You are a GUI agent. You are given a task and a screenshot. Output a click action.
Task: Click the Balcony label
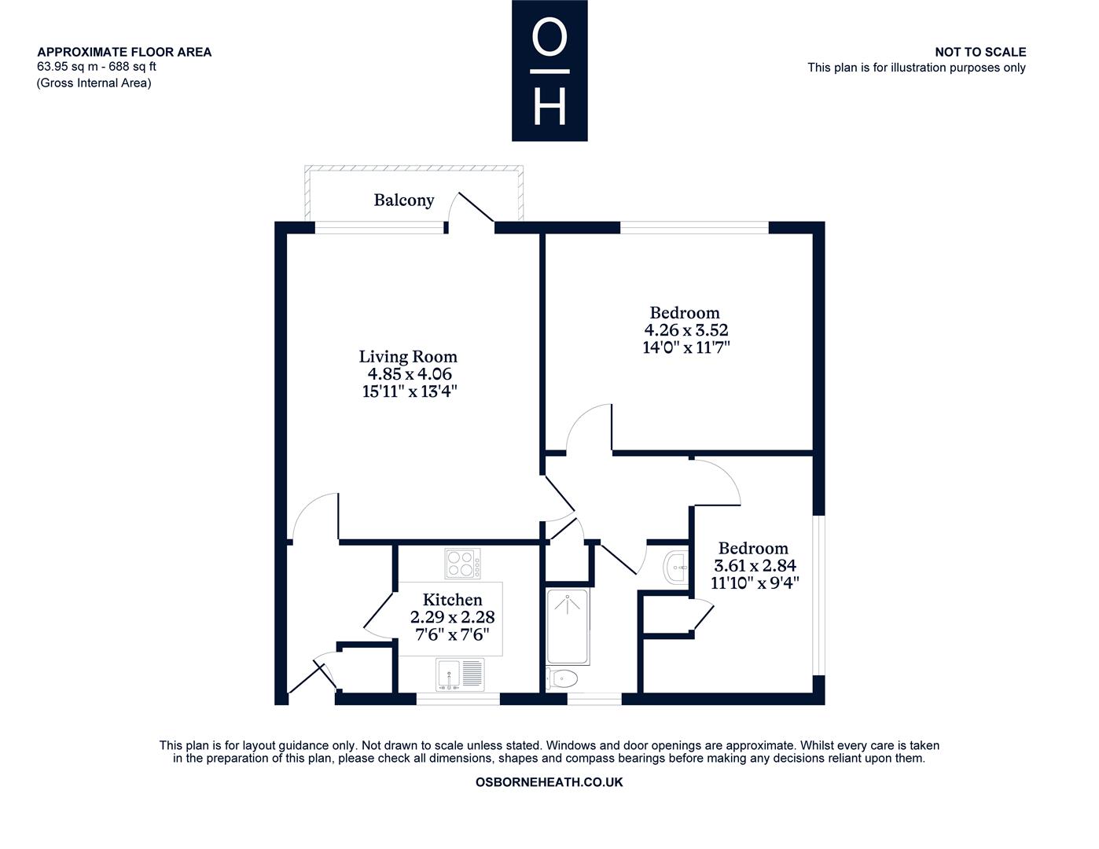coord(403,200)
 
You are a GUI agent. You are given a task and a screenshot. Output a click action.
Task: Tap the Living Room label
coord(408,356)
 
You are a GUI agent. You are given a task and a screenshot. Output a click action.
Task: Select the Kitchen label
coord(452,600)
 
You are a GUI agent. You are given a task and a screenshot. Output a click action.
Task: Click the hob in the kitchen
coord(463,564)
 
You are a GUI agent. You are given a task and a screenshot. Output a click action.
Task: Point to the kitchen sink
coord(460,674)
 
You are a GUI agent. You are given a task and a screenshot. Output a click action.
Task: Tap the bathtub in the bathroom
coord(568,626)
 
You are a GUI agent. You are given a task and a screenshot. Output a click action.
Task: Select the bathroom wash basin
coord(676,568)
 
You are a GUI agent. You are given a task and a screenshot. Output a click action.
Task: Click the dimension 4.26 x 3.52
coord(685,330)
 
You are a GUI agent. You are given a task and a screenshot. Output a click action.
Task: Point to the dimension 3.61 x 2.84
coord(755,565)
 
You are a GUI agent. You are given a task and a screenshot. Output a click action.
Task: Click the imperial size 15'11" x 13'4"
coord(410,391)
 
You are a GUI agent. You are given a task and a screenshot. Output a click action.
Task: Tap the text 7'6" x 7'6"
coord(452,634)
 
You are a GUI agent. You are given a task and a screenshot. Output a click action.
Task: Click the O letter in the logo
coord(549,37)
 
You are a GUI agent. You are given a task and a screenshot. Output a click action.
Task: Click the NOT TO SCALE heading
coord(980,52)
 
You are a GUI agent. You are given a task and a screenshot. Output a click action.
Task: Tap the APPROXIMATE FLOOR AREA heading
coord(124,52)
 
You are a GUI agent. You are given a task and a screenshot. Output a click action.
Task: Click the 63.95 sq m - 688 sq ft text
coord(97,67)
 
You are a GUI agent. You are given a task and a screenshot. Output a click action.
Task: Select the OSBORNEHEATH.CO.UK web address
coord(549,782)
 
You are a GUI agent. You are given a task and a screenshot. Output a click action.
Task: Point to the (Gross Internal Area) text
coord(94,83)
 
